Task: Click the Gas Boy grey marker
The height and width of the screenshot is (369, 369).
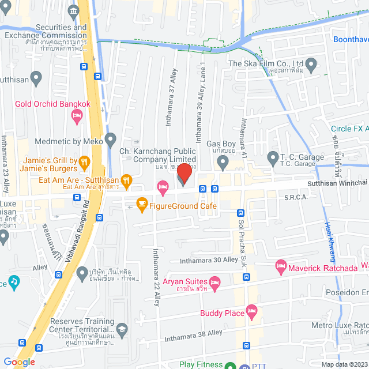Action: click(223, 165)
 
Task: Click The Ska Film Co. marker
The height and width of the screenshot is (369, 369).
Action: click(312, 65)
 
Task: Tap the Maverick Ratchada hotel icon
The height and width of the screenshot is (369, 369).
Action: click(281, 266)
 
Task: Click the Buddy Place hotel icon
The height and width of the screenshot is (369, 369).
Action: click(251, 313)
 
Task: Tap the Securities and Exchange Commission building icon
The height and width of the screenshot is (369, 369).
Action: click(73, 12)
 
